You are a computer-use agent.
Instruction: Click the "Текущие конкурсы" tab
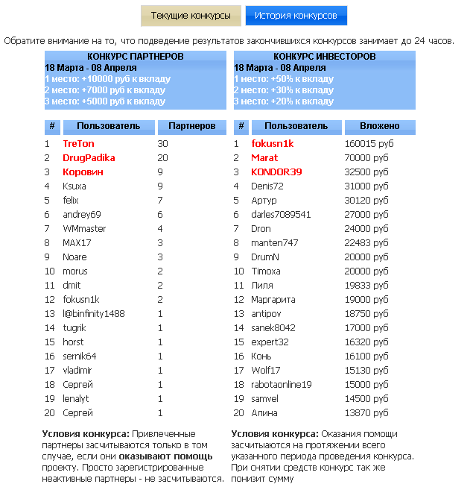191,16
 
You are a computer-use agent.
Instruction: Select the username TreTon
78,144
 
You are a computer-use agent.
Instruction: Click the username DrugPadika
89,158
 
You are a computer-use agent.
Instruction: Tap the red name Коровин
83,172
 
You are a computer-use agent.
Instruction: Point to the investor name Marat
264,158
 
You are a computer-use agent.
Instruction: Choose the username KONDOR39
276,172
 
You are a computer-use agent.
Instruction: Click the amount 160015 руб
369,144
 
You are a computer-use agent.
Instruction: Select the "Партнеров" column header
191,127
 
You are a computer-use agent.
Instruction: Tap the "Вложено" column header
380,127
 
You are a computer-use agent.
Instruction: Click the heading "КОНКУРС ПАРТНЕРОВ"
135,57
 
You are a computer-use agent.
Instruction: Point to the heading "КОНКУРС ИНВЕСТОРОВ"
324,57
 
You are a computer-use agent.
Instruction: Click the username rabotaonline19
282,385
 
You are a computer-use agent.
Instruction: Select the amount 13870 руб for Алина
366,413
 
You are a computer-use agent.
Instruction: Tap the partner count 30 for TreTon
163,144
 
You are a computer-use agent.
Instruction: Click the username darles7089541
281,215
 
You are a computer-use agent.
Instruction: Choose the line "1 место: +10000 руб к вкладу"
108,79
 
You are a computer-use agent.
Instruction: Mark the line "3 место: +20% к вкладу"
284,101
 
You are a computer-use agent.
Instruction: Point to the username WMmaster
84,229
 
